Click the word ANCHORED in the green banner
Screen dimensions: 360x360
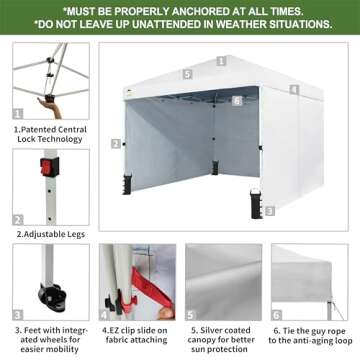coord(197,11)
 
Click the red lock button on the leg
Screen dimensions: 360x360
coord(49,167)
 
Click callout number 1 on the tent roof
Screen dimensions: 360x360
coord(221,61)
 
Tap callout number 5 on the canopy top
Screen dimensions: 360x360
coord(188,74)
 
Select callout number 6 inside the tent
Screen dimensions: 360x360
coord(237,101)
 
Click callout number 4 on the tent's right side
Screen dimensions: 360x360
coord(294,89)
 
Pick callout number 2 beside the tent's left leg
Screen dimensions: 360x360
coord(116,144)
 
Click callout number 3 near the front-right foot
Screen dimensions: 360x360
coord(270,211)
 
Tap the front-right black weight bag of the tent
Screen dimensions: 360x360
coord(256,203)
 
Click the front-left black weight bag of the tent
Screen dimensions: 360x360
coord(127,184)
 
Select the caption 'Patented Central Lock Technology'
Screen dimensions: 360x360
coord(50,134)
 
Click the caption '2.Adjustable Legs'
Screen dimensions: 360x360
coord(51,234)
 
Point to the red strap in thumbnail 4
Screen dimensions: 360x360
coord(152,288)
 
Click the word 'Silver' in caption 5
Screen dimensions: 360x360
coord(212,330)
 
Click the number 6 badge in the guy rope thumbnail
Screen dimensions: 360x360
coord(277,315)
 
